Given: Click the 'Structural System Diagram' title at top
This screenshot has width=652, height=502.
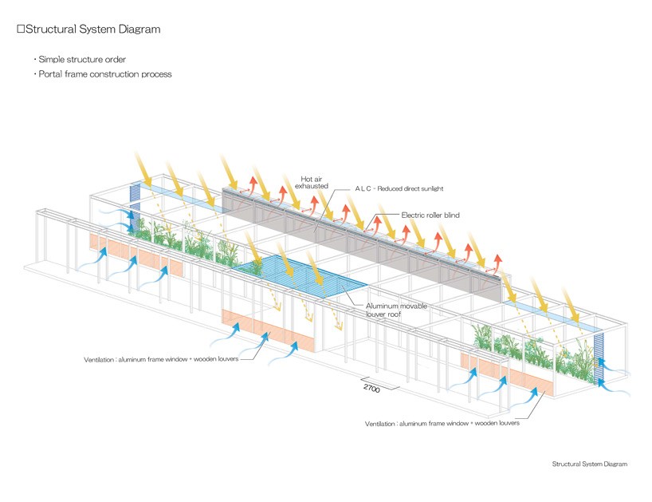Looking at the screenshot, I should tap(92, 30).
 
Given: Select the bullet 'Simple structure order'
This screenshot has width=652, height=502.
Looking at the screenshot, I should tap(81, 60).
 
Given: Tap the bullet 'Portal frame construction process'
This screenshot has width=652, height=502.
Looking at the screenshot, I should tap(104, 74).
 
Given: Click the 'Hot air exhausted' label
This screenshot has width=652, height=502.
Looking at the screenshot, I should tap(314, 182).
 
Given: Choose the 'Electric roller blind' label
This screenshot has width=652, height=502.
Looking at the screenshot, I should tap(430, 215).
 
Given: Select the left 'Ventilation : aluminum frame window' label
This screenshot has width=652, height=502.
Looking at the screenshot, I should tap(159, 359).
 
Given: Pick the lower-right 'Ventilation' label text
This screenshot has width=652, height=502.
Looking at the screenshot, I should tap(442, 423).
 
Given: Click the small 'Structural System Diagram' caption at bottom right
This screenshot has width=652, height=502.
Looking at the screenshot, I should tap(589, 464).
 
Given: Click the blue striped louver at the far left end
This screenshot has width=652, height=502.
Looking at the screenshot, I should tap(134, 204).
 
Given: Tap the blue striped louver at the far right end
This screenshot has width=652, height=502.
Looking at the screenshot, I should tap(602, 355).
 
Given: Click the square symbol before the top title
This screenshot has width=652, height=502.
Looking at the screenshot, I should tap(21, 30).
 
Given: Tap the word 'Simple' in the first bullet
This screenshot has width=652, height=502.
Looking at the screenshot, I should tap(53, 60).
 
